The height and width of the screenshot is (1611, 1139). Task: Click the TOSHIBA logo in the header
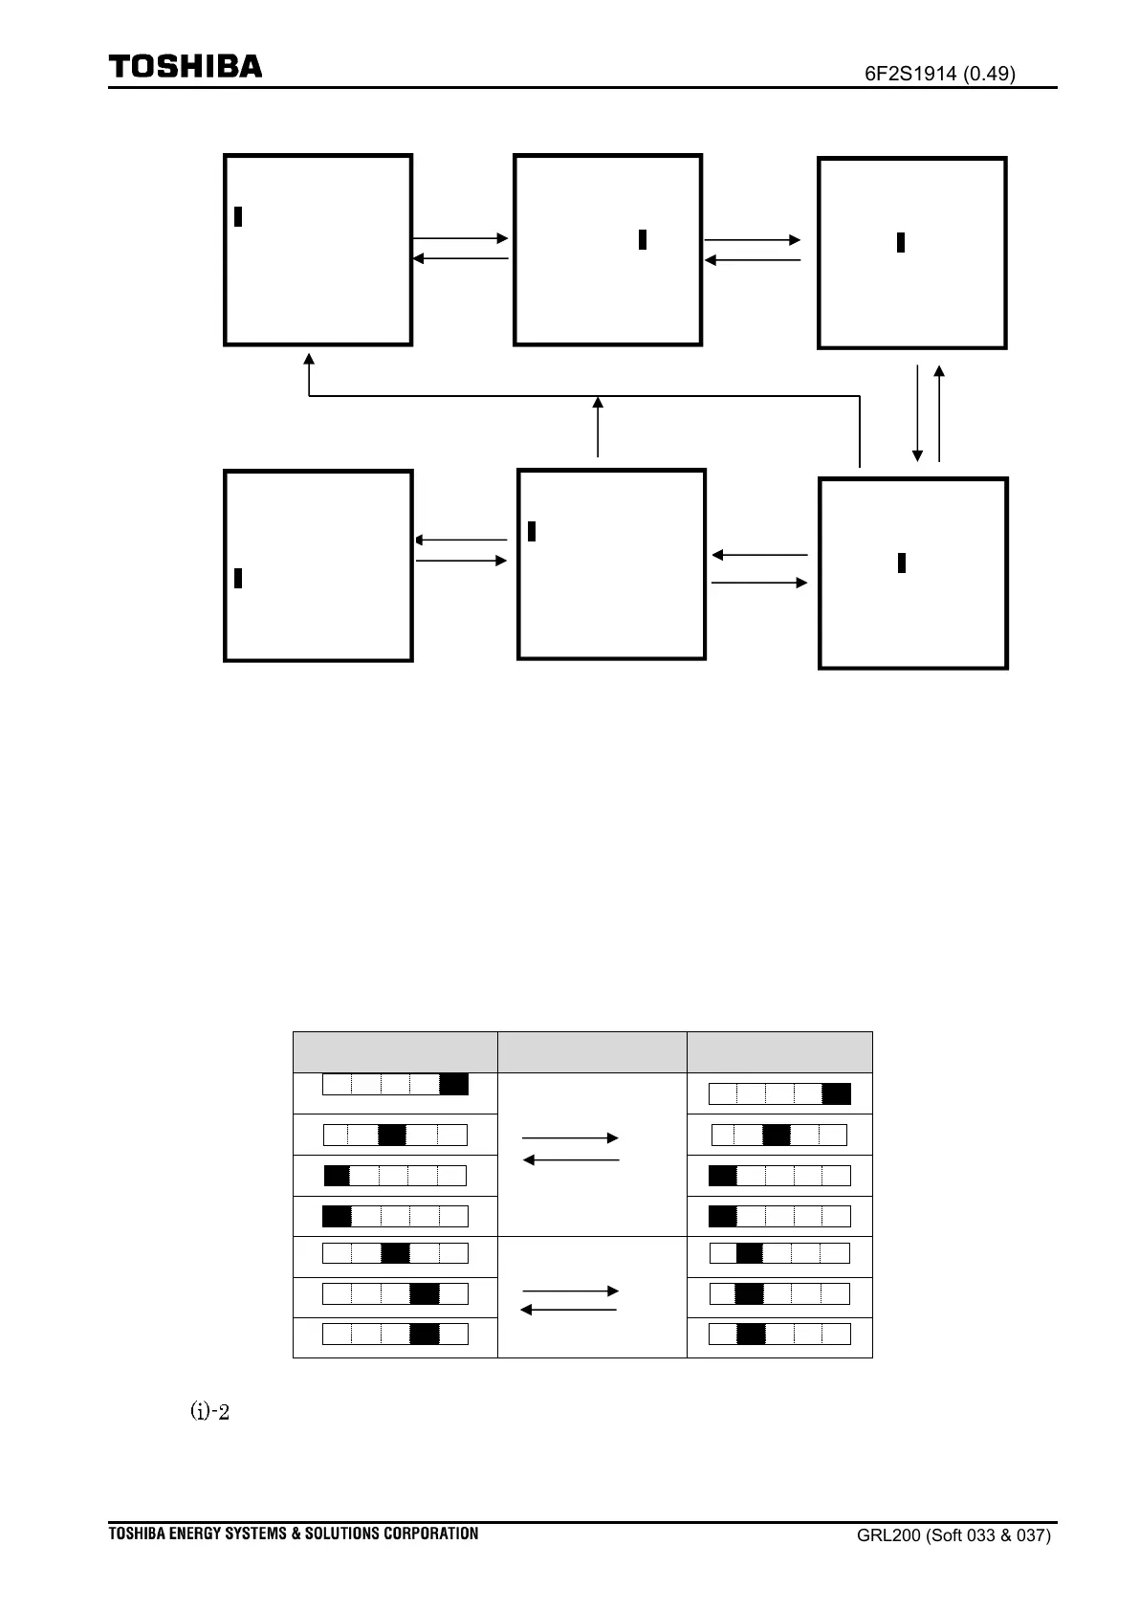pyautogui.click(x=185, y=67)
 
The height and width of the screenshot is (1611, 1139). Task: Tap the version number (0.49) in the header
pyautogui.click(x=990, y=74)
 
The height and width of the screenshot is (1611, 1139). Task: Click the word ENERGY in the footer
pyautogui.click(x=196, y=1534)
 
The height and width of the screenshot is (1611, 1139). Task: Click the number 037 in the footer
pyautogui.click(x=1036, y=1536)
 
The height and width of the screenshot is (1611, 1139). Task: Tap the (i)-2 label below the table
pyautogui.click(x=210, y=1412)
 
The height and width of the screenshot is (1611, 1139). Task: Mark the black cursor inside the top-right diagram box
pyautogui.click(x=901, y=243)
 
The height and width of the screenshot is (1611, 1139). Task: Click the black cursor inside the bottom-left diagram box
pyautogui.click(x=238, y=578)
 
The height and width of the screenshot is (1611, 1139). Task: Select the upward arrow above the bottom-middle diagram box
pyautogui.click(x=598, y=426)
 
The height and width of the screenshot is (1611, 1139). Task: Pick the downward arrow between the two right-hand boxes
pyautogui.click(x=918, y=412)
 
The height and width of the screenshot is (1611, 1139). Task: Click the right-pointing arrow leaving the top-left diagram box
pyautogui.click(x=460, y=238)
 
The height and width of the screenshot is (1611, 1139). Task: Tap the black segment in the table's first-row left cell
pyautogui.click(x=453, y=1085)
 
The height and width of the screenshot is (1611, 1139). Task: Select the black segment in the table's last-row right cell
pyautogui.click(x=751, y=1334)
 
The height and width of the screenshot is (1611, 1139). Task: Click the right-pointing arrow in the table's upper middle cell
pyautogui.click(x=571, y=1138)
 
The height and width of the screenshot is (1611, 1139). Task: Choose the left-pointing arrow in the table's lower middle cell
pyautogui.click(x=569, y=1310)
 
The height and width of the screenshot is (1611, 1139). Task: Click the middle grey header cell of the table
pyautogui.click(x=592, y=1052)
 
